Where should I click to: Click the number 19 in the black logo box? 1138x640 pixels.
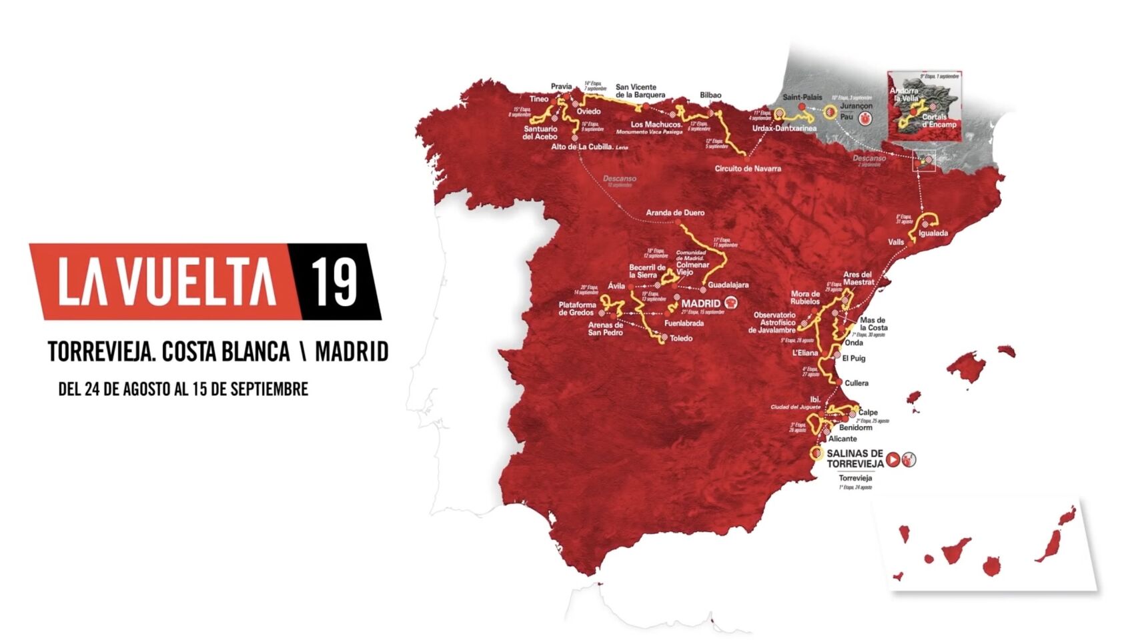[335, 281]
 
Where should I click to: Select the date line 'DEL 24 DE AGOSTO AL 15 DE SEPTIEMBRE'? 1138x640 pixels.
[183, 389]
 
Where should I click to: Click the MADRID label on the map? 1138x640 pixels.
[700, 303]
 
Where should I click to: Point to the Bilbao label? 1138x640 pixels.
[710, 95]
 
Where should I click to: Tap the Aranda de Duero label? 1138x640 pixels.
[675, 213]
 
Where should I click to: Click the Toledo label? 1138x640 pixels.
[681, 338]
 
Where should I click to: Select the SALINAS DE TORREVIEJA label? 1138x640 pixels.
[855, 458]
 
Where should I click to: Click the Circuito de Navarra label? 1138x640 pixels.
[748, 169]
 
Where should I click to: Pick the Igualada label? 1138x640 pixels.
[933, 233]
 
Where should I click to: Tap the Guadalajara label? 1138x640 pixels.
[728, 285]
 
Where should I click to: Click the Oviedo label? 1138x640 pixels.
[588, 111]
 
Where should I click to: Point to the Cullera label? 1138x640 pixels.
[857, 383]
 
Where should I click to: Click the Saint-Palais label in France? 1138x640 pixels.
[802, 97]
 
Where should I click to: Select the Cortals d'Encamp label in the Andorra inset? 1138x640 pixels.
[939, 121]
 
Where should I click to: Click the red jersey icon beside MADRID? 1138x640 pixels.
[731, 303]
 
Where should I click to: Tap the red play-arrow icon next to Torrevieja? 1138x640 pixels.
[893, 459]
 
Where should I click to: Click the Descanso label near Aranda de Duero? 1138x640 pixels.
[619, 179]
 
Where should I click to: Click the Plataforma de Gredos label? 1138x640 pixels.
[577, 309]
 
